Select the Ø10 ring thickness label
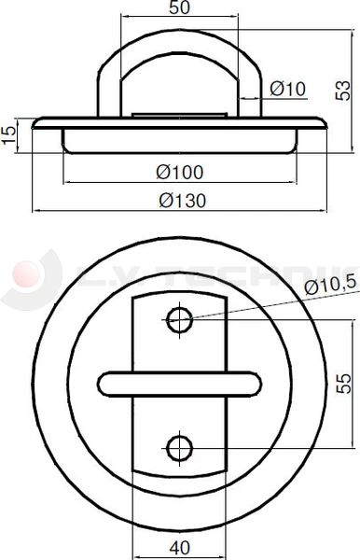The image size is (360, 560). (287, 90)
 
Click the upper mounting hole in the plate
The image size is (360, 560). (181, 319)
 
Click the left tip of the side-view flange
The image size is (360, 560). (35, 123)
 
